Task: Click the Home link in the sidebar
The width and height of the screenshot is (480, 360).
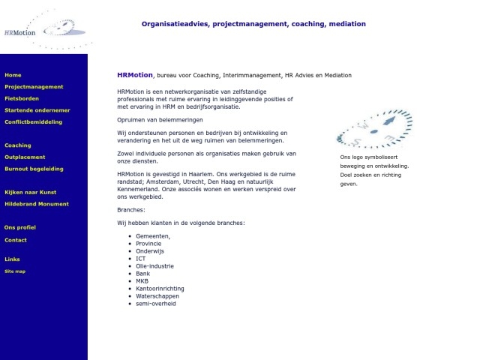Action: click(13, 75)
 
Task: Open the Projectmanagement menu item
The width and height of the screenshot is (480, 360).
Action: click(34, 87)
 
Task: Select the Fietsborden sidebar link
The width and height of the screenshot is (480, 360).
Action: click(22, 98)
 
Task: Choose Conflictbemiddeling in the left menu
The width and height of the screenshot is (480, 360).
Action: click(34, 121)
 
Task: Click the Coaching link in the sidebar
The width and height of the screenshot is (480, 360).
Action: click(18, 145)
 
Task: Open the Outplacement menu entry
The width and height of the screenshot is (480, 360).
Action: click(25, 157)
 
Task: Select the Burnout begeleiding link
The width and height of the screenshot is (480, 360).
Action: click(34, 169)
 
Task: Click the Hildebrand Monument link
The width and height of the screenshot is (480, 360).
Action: click(37, 204)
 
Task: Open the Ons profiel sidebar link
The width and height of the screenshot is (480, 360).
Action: click(20, 227)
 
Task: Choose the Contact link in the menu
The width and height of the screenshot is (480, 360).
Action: click(16, 240)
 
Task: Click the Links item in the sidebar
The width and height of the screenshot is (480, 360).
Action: click(12, 259)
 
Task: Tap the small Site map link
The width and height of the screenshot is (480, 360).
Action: click(15, 271)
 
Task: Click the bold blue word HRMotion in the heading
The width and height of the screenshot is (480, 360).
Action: click(135, 75)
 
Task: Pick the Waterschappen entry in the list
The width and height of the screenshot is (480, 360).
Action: click(157, 295)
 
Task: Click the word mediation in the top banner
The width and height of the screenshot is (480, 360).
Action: click(346, 24)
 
